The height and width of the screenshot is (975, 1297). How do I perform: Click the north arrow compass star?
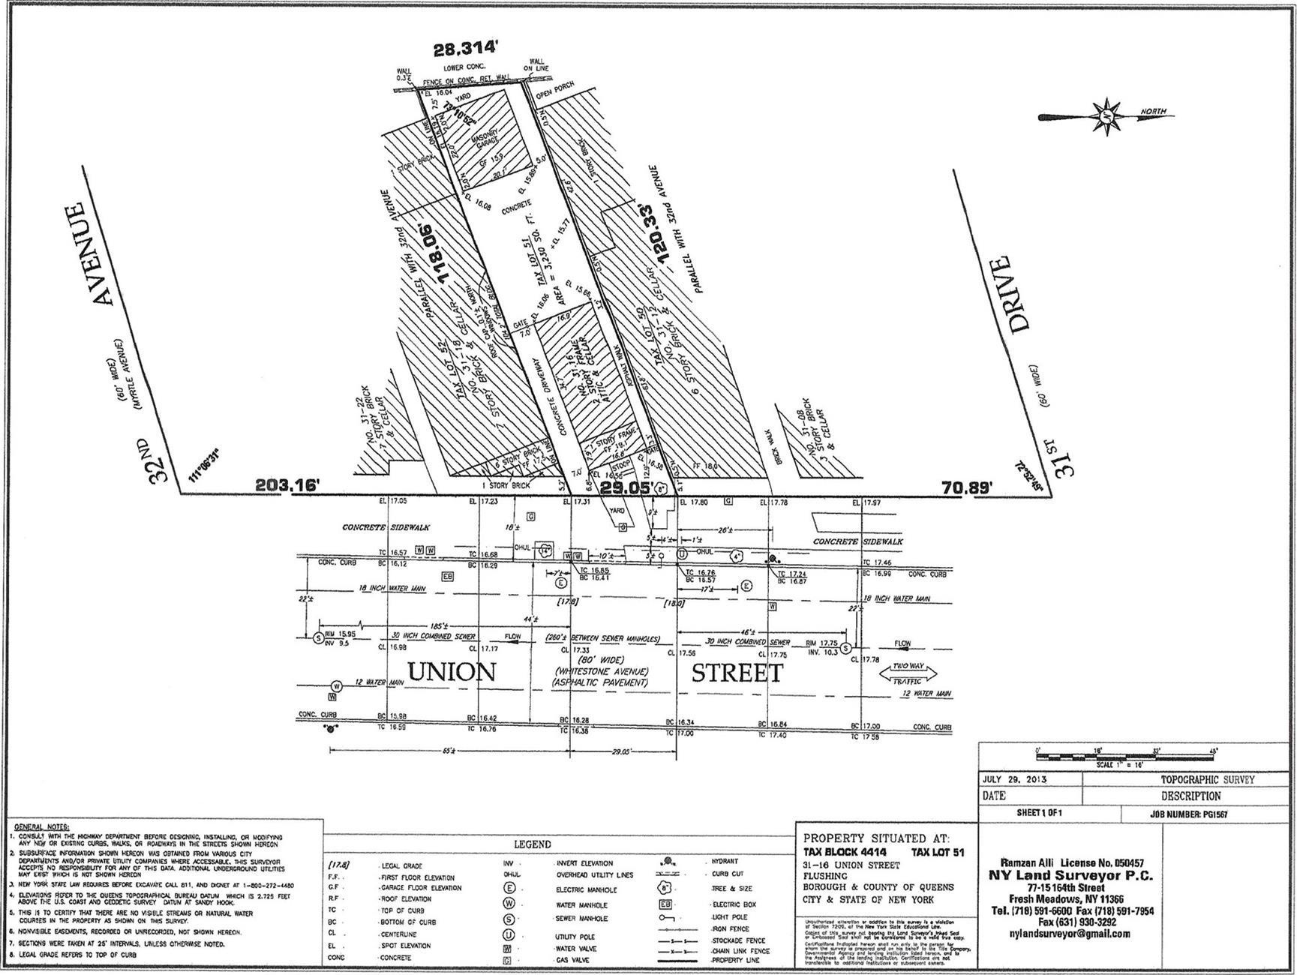tap(1105, 116)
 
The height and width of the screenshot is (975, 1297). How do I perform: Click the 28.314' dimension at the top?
tap(466, 49)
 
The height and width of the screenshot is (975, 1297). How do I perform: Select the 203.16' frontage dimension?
tap(288, 486)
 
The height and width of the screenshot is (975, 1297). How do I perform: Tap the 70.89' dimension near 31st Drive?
tap(967, 488)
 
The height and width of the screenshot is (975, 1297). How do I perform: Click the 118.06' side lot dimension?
tap(440, 253)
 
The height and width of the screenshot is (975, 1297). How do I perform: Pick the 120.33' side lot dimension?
tap(652, 233)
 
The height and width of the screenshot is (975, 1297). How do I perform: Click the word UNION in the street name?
tap(452, 671)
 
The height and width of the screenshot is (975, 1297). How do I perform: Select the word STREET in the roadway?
tap(736, 673)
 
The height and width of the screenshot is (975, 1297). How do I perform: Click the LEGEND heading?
tap(533, 844)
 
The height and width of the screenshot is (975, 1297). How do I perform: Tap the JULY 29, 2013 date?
tap(1015, 779)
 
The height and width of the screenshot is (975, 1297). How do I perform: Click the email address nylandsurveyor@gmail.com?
tap(1070, 934)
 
